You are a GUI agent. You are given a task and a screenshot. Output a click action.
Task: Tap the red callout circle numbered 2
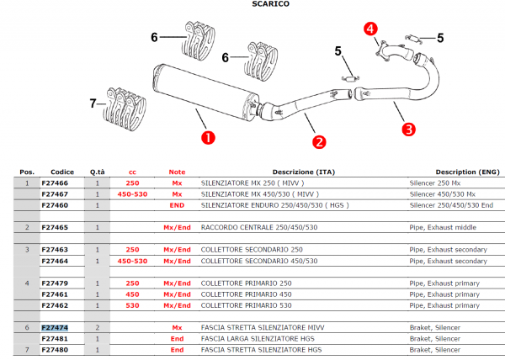[x=319, y=142]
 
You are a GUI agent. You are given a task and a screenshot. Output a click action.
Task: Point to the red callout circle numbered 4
[x=370, y=29]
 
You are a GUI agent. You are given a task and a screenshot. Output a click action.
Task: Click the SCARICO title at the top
[x=271, y=4]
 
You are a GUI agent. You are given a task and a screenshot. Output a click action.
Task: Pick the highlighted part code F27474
[x=56, y=327]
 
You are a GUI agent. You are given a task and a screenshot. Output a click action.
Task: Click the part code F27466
[x=56, y=182]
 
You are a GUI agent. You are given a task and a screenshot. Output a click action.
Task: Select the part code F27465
[x=56, y=227]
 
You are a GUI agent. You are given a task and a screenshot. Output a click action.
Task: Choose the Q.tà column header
[x=98, y=171]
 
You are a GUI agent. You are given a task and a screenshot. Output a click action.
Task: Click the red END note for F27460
[x=177, y=204]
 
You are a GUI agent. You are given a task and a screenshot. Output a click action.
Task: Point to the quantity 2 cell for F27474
[x=98, y=327]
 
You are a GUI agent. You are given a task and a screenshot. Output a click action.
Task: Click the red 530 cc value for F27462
[x=132, y=306]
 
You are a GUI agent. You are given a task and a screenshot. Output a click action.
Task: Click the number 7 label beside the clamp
[x=93, y=104]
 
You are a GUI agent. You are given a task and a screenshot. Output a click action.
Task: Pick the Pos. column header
[x=27, y=171]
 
